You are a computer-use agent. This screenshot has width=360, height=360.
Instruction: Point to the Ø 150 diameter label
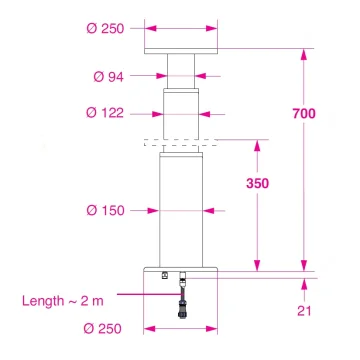tap(107, 210)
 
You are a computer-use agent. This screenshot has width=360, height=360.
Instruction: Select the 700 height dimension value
tap(305, 114)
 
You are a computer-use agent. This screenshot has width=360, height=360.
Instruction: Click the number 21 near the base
tap(304, 311)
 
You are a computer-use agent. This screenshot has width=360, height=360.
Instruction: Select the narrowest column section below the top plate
tap(181, 71)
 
